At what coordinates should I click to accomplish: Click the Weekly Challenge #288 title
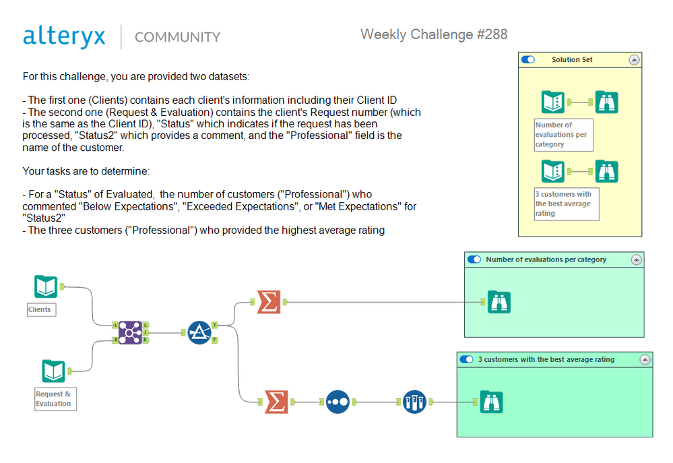[434, 34]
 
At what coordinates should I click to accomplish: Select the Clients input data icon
[46, 286]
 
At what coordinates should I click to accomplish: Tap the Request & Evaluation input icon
[53, 371]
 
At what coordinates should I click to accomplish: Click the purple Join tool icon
[129, 332]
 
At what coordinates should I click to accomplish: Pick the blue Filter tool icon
[199, 332]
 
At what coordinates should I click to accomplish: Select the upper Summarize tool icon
[269, 301]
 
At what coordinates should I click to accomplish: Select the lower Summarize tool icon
[276, 402]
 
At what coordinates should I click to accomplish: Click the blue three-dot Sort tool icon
[338, 402]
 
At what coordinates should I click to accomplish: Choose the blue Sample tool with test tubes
[414, 402]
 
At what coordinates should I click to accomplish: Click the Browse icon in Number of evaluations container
[499, 302]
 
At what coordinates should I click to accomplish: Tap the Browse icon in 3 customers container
[491, 402]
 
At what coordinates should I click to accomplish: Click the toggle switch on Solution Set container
[528, 59]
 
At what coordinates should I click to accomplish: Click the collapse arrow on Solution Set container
[633, 59]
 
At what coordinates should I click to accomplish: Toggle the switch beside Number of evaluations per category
[474, 259]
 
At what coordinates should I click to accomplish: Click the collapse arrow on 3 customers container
[644, 359]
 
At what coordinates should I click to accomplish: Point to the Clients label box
[40, 309]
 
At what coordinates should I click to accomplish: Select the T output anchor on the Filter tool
[214, 325]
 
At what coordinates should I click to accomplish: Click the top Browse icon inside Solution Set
[607, 102]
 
